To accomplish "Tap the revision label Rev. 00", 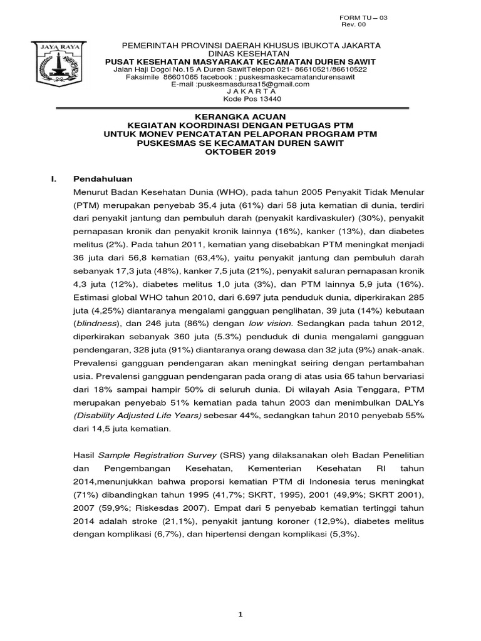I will (353, 25).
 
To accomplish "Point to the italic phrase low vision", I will (270, 324).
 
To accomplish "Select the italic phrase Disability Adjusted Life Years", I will (137, 416).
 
